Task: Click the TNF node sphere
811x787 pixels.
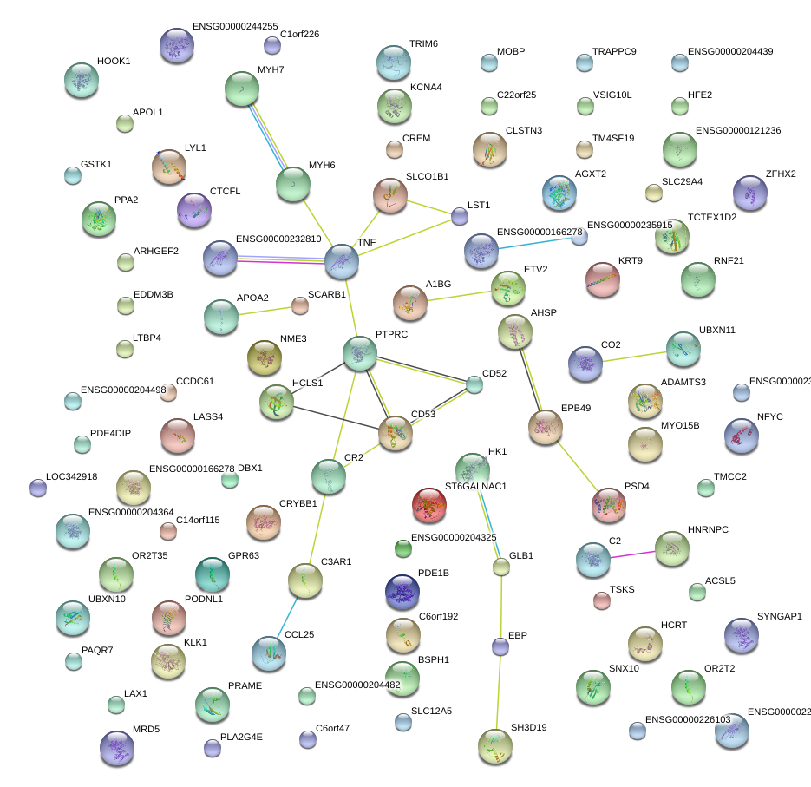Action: pyautogui.click(x=341, y=260)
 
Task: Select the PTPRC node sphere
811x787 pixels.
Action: pyautogui.click(x=359, y=352)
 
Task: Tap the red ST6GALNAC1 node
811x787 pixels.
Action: pyautogui.click(x=429, y=505)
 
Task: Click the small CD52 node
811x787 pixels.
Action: pyautogui.click(x=474, y=384)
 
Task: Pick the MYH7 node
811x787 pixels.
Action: pyautogui.click(x=242, y=88)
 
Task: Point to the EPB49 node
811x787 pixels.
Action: pyautogui.click(x=545, y=427)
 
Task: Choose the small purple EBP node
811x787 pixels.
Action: pyautogui.click(x=500, y=646)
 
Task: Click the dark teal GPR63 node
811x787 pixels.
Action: pyautogui.click(x=213, y=574)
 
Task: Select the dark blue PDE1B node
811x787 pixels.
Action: pyautogui.click(x=402, y=591)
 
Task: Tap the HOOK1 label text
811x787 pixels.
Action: pyautogui.click(x=114, y=62)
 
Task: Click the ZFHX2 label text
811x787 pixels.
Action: pyautogui.click(x=781, y=174)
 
